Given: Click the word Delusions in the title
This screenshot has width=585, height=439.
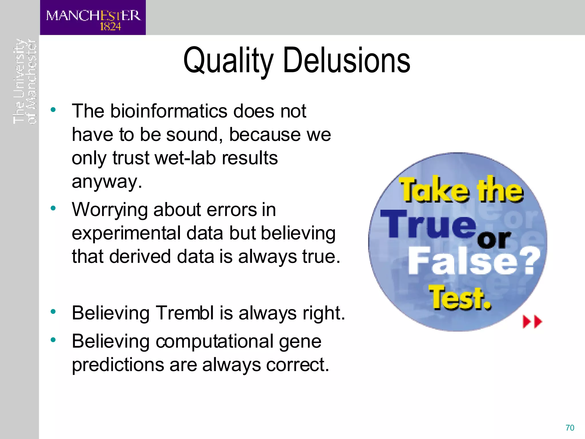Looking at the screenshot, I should [346, 61].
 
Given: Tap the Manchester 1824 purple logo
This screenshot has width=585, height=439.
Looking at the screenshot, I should [93, 18].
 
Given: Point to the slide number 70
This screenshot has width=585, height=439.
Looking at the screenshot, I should [570, 428].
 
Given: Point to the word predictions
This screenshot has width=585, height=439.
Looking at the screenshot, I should [118, 365].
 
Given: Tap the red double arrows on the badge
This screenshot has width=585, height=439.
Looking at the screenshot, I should [532, 322].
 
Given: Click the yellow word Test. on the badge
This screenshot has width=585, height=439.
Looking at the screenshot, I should [460, 298].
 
